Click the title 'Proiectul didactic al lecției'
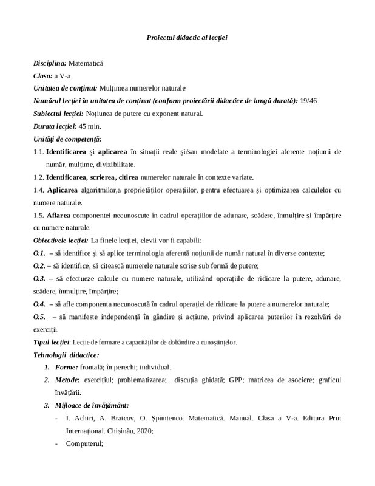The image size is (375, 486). pos(187,38)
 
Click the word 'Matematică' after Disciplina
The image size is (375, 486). pos(86,63)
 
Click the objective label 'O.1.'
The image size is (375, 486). pos(39,252)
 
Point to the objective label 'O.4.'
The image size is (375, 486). pos(39,303)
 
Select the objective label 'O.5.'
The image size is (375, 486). pos(39,316)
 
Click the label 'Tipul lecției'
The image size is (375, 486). pos(53,341)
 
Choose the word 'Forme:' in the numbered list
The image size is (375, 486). pos(66,367)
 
